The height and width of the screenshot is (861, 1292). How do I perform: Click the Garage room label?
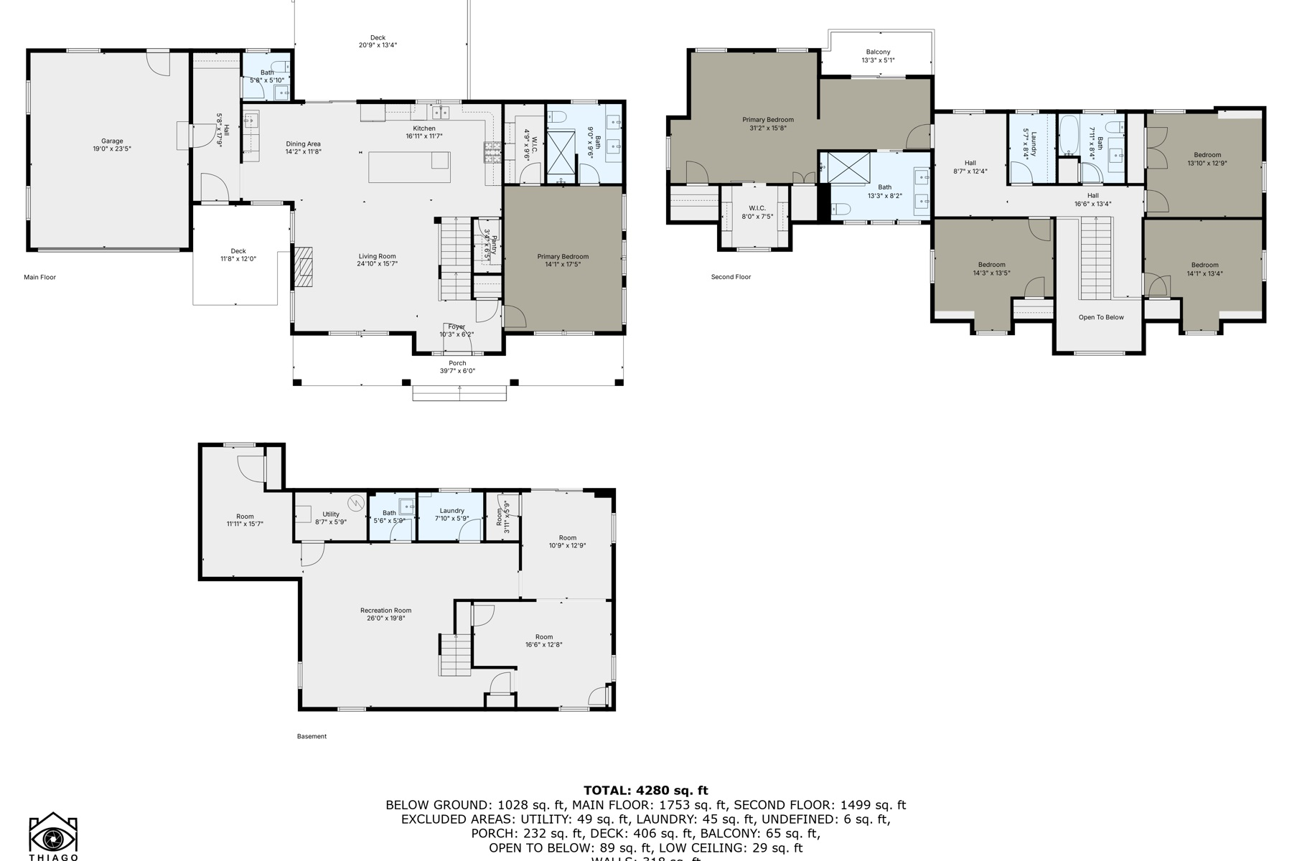[x=111, y=141]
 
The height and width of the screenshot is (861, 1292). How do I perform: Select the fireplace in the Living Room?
[x=303, y=267]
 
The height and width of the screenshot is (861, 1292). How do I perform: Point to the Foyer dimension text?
[x=457, y=334]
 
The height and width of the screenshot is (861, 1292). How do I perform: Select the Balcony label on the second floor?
[x=878, y=56]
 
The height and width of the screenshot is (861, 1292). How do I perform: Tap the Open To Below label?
[x=1100, y=317]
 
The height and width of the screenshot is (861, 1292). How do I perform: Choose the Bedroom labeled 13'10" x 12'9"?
[x=1207, y=159]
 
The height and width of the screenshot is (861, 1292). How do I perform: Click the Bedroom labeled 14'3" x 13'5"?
[x=991, y=268]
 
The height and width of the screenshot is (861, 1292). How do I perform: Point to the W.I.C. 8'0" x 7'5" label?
[x=757, y=212]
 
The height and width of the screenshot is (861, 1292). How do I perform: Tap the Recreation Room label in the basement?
[x=385, y=614]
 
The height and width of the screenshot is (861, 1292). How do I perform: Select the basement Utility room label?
[x=331, y=518]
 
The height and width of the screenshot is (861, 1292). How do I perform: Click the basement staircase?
[x=454, y=654]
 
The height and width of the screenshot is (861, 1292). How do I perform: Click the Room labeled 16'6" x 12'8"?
[x=543, y=641]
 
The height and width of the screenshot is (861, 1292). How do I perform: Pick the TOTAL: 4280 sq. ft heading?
[x=645, y=791]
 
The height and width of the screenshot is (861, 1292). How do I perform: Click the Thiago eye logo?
[x=53, y=836]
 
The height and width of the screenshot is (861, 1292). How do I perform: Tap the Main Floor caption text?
[x=39, y=277]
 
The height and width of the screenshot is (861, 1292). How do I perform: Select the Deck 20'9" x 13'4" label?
[x=378, y=42]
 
